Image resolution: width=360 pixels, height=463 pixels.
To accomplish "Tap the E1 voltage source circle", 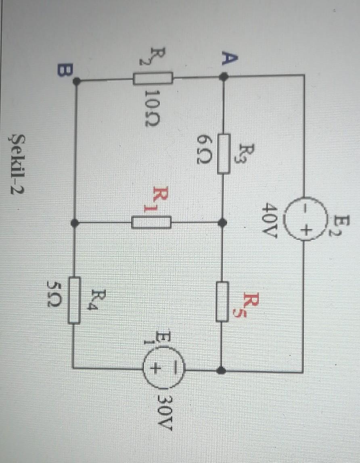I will point(163,368).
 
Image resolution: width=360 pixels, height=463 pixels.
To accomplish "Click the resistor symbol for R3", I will point(224,154).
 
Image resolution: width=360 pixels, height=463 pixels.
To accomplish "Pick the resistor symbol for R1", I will point(151,222).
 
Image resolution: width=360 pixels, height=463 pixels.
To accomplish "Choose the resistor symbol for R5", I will point(222,302).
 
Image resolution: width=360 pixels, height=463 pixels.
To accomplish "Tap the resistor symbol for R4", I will point(74,300).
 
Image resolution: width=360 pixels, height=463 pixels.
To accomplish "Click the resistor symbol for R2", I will point(153,78).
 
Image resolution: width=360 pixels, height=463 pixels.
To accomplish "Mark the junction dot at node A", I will point(224,76).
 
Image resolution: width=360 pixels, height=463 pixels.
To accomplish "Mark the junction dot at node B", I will point(76,81).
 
